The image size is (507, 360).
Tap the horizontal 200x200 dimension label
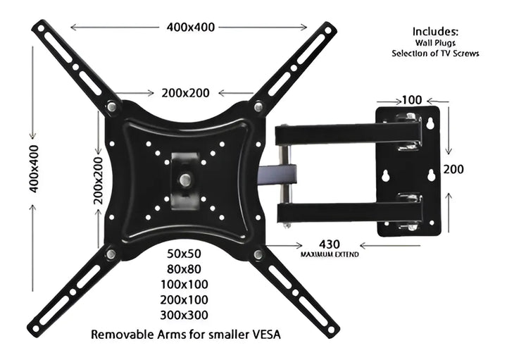pyautogui.click(x=186, y=93)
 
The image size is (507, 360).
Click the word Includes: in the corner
pyautogui.click(x=435, y=32)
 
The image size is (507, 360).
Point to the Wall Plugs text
pyautogui.click(x=435, y=43)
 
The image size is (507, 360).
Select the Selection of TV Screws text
pyautogui.click(x=435, y=54)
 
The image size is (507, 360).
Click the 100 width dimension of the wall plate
pyautogui.click(x=411, y=100)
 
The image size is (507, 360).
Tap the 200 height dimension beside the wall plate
pyautogui.click(x=453, y=169)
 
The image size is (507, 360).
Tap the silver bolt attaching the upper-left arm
pyautogui.click(x=112, y=107)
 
